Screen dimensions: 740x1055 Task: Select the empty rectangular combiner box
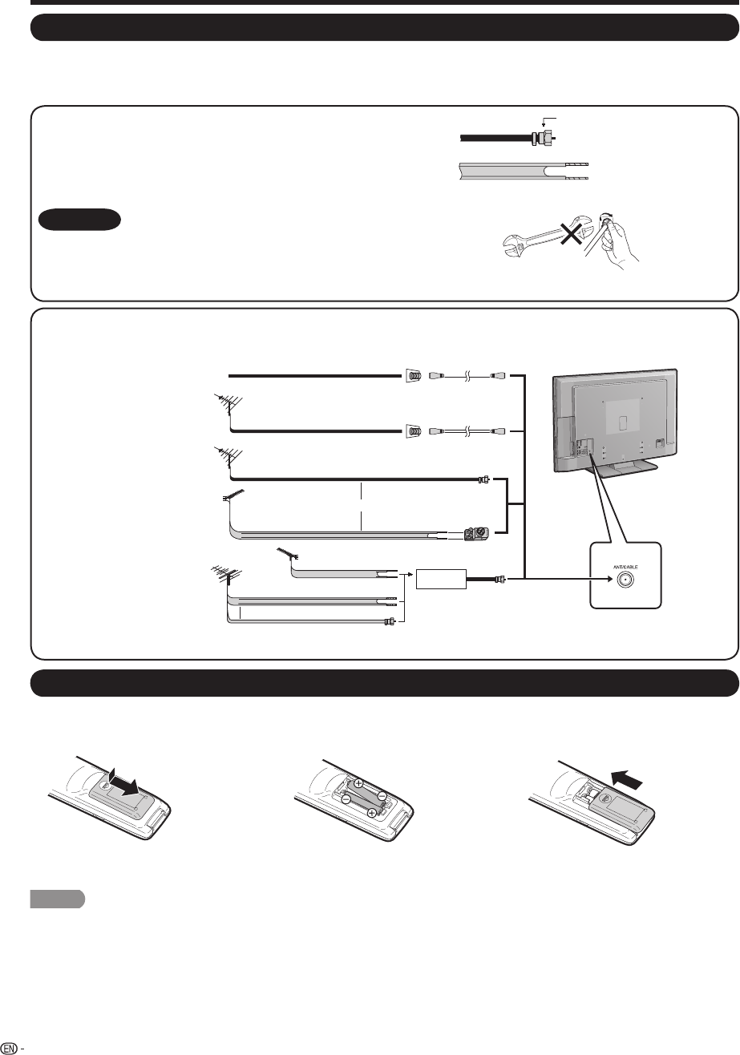(440, 577)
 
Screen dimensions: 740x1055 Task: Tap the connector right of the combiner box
(501, 578)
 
